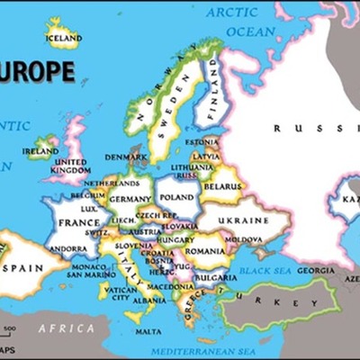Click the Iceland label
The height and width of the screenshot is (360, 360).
tap(65, 39)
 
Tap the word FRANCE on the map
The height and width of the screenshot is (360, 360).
tap(79, 222)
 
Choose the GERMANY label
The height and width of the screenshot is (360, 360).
tap(131, 199)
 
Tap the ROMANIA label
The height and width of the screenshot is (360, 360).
tap(207, 250)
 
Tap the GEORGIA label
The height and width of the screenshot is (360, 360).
tap(315, 270)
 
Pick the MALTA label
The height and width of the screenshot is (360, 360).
tap(148, 331)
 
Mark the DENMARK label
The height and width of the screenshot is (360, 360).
tap(126, 157)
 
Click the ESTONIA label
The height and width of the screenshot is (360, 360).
tap(201, 141)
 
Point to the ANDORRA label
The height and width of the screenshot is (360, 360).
tap(68, 248)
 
